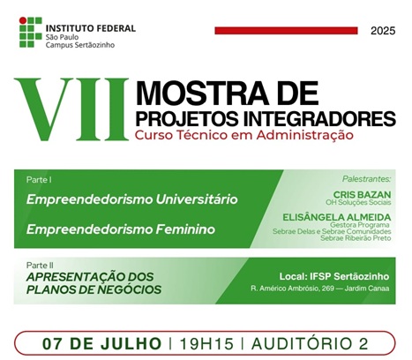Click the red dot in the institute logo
pyautogui.click(x=23, y=20)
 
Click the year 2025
pyautogui.click(x=383, y=31)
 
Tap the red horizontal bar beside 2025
pyautogui.click(x=286, y=31)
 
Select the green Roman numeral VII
pyautogui.click(x=71, y=109)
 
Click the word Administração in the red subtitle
pyautogui.click(x=304, y=135)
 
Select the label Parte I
pyautogui.click(x=39, y=180)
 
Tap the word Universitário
pyautogui.click(x=197, y=199)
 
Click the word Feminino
pyautogui.click(x=185, y=229)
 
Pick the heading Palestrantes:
pyautogui.click(x=367, y=179)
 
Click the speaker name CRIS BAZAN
pyautogui.click(x=362, y=194)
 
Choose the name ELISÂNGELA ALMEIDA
pyautogui.click(x=337, y=217)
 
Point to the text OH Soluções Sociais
pyautogui.click(x=358, y=202)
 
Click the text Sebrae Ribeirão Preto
pyautogui.click(x=356, y=238)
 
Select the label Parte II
pyautogui.click(x=40, y=266)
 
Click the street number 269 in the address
pyautogui.click(x=327, y=289)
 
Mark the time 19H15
pyautogui.click(x=206, y=343)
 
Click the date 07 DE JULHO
pyautogui.click(x=102, y=343)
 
